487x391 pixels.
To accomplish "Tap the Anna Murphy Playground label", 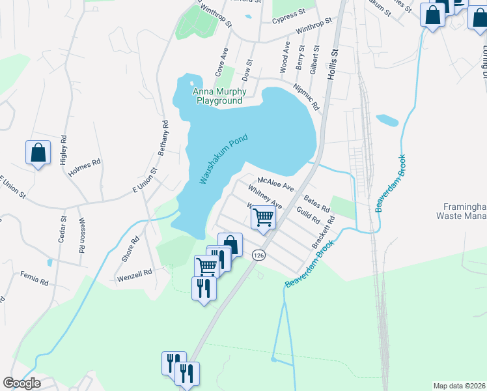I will (217, 96).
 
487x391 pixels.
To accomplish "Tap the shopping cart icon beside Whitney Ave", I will (264, 216).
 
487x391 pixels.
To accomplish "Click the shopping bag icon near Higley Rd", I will (38, 152).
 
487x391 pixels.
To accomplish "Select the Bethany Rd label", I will (163, 137).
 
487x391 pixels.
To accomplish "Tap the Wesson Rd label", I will (82, 235).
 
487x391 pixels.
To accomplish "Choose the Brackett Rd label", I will (323, 233).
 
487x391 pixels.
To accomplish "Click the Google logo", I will (21, 383).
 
